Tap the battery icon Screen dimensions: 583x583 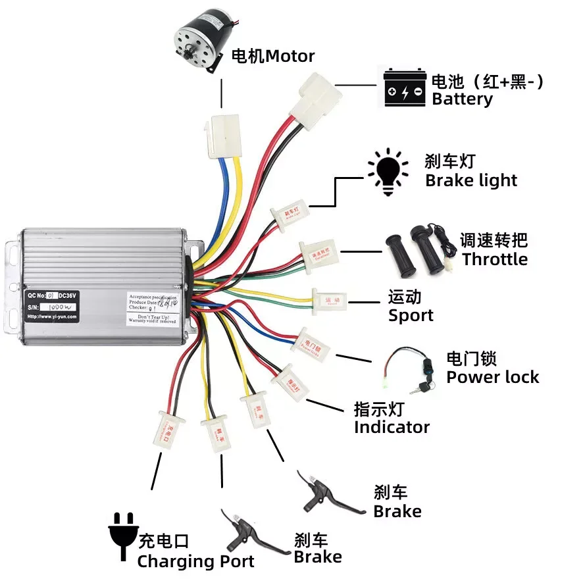(x=405, y=88)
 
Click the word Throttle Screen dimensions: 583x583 (x=495, y=259)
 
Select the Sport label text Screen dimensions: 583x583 (x=411, y=315)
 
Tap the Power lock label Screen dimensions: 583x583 (x=492, y=377)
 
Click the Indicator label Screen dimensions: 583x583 (x=392, y=427)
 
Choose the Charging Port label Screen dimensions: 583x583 (x=195, y=561)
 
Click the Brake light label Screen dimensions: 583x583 (x=471, y=180)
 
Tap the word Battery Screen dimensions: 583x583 (x=462, y=99)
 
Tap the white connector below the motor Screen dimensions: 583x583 (x=222, y=136)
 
